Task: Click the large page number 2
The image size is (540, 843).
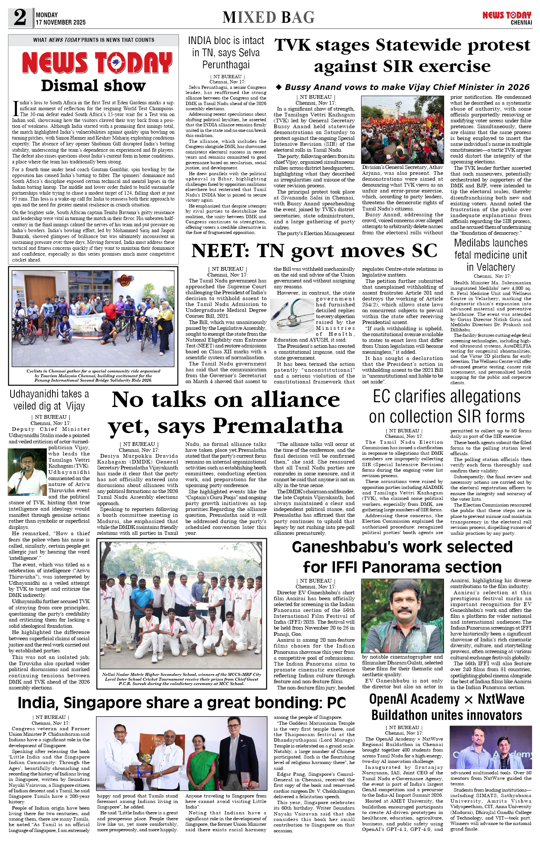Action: pyautogui.click(x=20, y=17)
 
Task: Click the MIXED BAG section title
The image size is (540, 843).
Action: pyautogui.click(x=269, y=17)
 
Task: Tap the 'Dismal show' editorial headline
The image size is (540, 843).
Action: pyautogui.click(x=93, y=86)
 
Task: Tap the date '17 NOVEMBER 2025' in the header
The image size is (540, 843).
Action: pyautogui.click(x=61, y=22)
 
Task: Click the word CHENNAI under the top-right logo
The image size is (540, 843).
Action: pyautogui.click(x=521, y=23)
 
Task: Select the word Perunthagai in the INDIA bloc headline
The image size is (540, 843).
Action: pyautogui.click(x=226, y=65)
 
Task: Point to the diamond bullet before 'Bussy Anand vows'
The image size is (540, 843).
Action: pyautogui.click(x=279, y=87)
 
